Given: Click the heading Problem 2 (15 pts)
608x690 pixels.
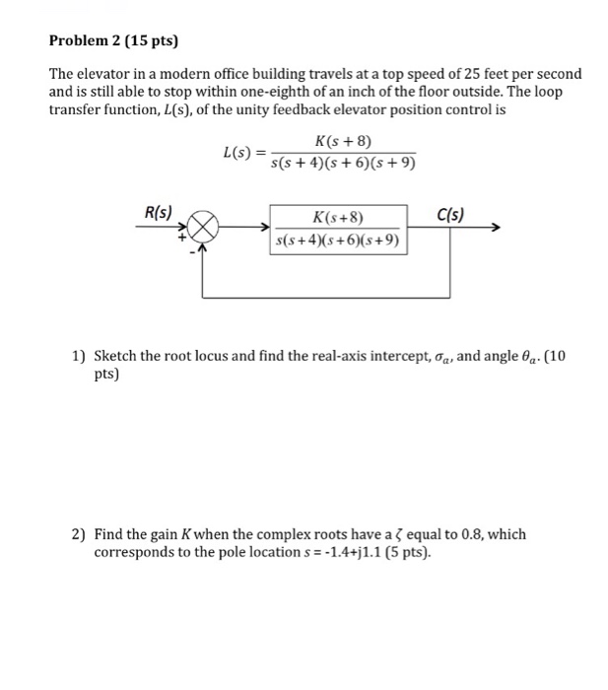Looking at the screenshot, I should coord(109,41).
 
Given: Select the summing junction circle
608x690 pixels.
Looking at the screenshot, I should coord(201,229).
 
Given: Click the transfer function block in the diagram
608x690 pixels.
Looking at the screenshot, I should coord(338,229).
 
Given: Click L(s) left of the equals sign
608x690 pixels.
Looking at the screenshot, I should coord(236,153).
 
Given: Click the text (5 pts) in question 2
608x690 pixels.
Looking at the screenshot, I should coord(406,552).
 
